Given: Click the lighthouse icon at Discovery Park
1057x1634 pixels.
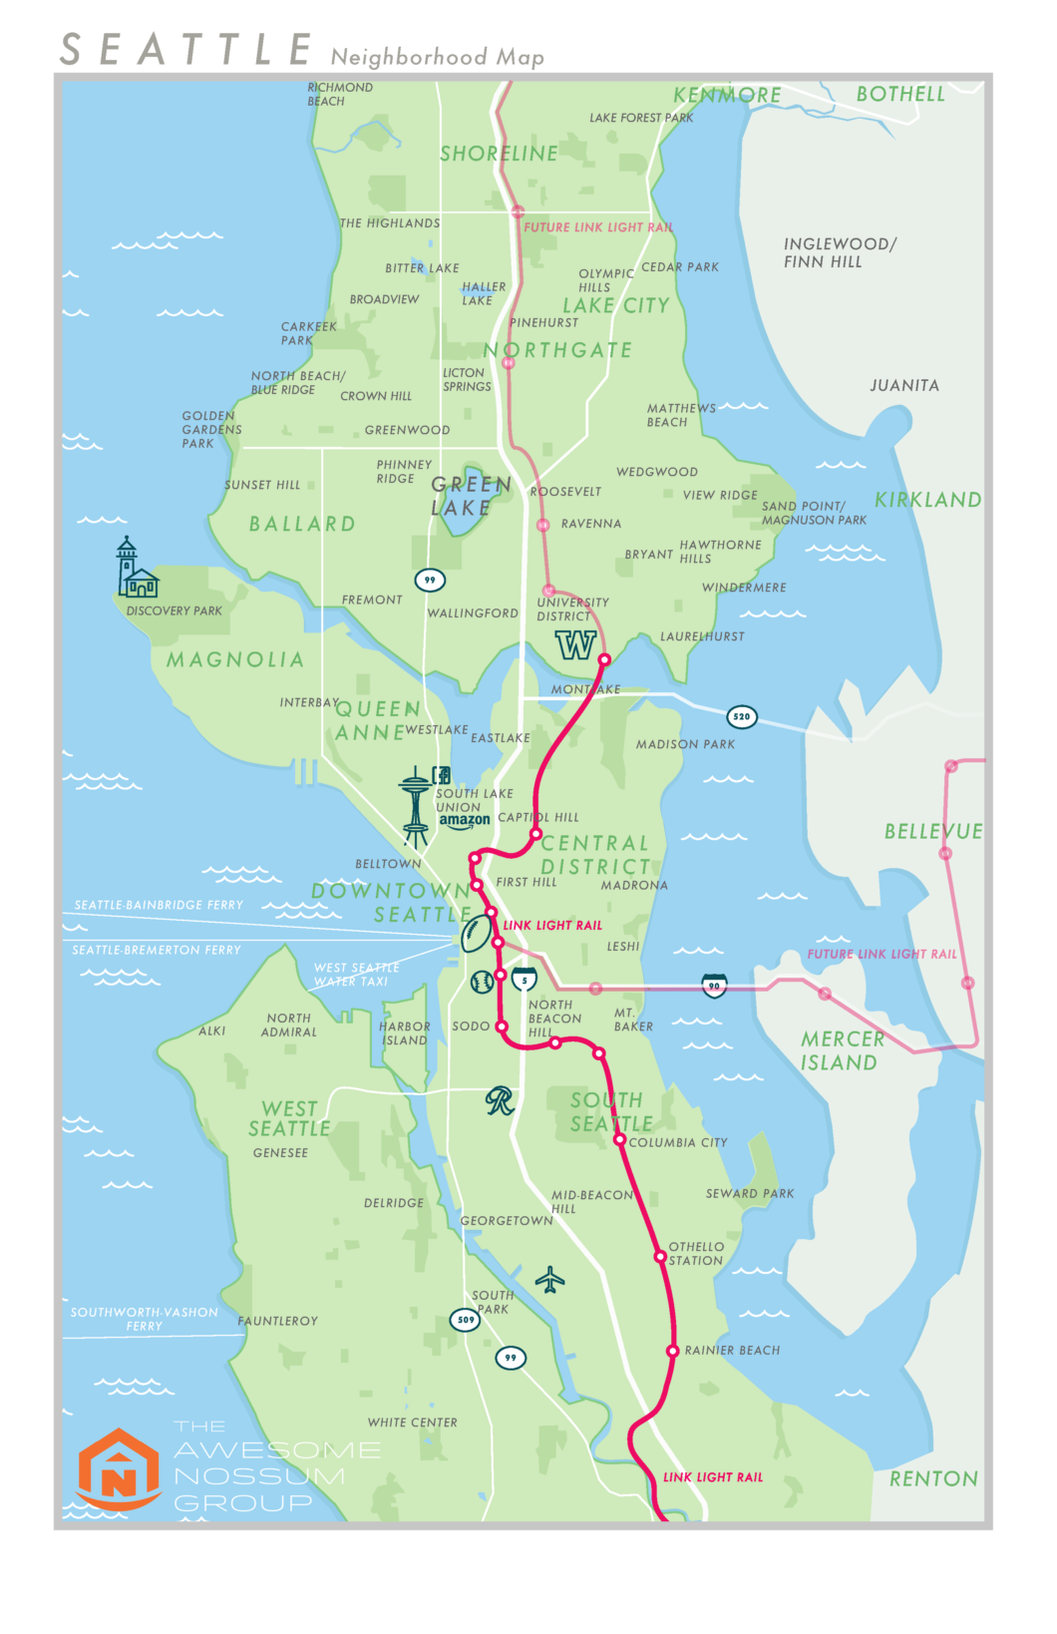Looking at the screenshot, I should (x=135, y=570).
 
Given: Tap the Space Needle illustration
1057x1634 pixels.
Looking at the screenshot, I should (x=416, y=805).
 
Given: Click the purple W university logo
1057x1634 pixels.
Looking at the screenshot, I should (x=575, y=644).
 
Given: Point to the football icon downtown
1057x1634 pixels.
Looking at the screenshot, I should (x=477, y=934).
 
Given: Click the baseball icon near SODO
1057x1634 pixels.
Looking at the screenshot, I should (x=482, y=982).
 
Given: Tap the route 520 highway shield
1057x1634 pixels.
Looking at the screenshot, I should (x=741, y=716).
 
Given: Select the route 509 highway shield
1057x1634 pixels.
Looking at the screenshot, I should (x=466, y=1319).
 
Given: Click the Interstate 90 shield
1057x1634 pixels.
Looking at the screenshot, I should (x=714, y=986).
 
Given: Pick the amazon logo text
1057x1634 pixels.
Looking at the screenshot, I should (x=465, y=820).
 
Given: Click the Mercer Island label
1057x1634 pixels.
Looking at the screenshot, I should (x=842, y=1050).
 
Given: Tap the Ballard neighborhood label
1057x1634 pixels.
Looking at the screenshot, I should (x=302, y=524).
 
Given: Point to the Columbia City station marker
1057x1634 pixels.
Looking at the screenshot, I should (x=619, y=1139).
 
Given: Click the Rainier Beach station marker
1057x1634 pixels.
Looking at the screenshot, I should (x=672, y=1351).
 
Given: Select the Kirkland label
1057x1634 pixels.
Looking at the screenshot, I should (x=927, y=500).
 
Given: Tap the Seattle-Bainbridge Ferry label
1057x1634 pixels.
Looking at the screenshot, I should (x=159, y=905).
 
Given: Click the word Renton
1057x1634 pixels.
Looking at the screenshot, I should (x=933, y=1478).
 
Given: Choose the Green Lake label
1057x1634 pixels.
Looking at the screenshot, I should (x=471, y=496).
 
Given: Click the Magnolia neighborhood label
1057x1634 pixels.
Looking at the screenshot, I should (x=235, y=659).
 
